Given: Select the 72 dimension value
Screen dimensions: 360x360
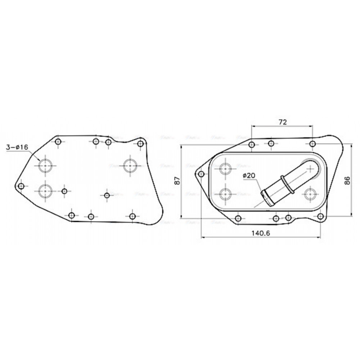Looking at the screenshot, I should point(282,122).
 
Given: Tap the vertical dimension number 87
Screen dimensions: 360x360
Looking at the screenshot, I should point(176,181).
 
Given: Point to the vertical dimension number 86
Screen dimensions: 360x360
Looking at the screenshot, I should point(347,180).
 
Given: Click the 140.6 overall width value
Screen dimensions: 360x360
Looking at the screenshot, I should point(261,233).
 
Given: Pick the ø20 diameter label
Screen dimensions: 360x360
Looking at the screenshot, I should point(249,175).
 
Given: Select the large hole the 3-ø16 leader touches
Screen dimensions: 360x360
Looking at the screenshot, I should point(45,166).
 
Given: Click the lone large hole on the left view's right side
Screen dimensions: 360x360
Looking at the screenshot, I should point(130,166).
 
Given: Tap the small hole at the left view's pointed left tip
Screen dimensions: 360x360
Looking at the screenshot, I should point(21,186).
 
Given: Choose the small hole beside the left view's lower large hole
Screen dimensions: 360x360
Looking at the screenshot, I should point(64,191).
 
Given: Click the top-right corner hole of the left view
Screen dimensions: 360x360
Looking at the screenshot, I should point(140,144).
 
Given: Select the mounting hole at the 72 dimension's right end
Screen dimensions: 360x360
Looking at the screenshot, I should point(312,144).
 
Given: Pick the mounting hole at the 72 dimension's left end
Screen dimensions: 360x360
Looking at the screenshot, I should point(252,145).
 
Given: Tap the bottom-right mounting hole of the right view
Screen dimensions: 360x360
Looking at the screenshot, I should point(320,216).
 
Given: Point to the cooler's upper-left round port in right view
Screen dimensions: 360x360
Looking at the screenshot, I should point(226,168).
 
